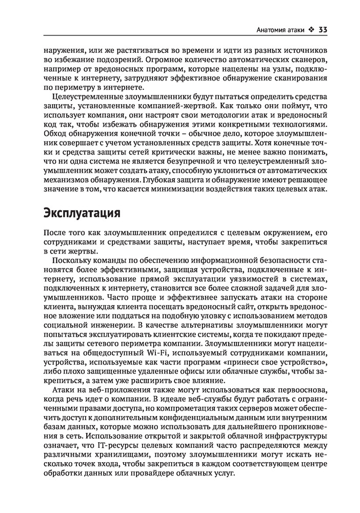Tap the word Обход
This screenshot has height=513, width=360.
[x=55, y=134]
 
